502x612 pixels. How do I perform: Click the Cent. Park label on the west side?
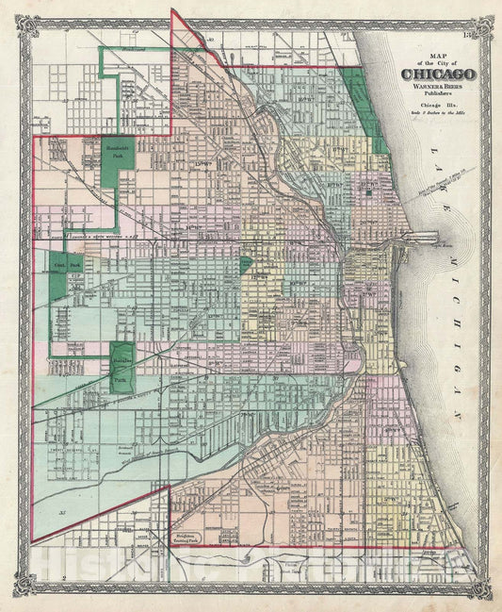click(66, 267)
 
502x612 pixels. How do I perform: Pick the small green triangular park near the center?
click(246, 263)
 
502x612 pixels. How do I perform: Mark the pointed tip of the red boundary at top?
click(171, 10)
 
